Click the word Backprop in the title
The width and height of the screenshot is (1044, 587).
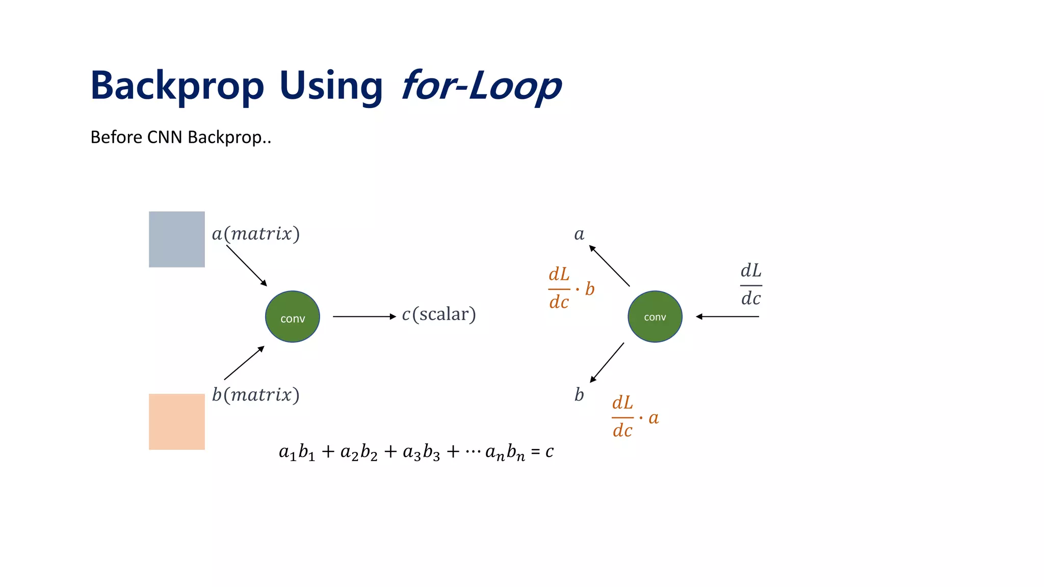(x=177, y=86)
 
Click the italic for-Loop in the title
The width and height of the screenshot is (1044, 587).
(x=481, y=86)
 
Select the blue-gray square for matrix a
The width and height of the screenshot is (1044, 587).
(x=176, y=239)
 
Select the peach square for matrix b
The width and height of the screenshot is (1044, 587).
(x=176, y=421)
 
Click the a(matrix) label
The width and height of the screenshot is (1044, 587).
(x=255, y=234)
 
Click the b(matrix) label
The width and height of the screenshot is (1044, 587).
(x=255, y=395)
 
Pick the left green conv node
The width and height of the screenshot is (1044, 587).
(x=292, y=316)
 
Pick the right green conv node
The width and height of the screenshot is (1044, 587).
(x=655, y=316)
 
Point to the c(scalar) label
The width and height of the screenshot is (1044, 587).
(x=438, y=314)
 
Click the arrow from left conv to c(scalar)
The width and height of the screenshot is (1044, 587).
(x=363, y=316)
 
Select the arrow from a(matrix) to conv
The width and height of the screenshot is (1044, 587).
(x=246, y=265)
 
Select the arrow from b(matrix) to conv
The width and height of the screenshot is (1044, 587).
(x=244, y=363)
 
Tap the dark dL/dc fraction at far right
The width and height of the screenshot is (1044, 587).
(x=751, y=285)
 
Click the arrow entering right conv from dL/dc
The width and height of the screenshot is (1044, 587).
(x=727, y=316)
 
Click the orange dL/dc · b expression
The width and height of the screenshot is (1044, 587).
(x=570, y=289)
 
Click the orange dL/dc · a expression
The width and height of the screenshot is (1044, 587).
(x=635, y=417)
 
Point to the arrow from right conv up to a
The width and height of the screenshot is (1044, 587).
(x=609, y=265)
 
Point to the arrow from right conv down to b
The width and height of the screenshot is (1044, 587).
(x=607, y=362)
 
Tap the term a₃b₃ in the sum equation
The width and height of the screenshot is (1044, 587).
(x=421, y=452)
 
